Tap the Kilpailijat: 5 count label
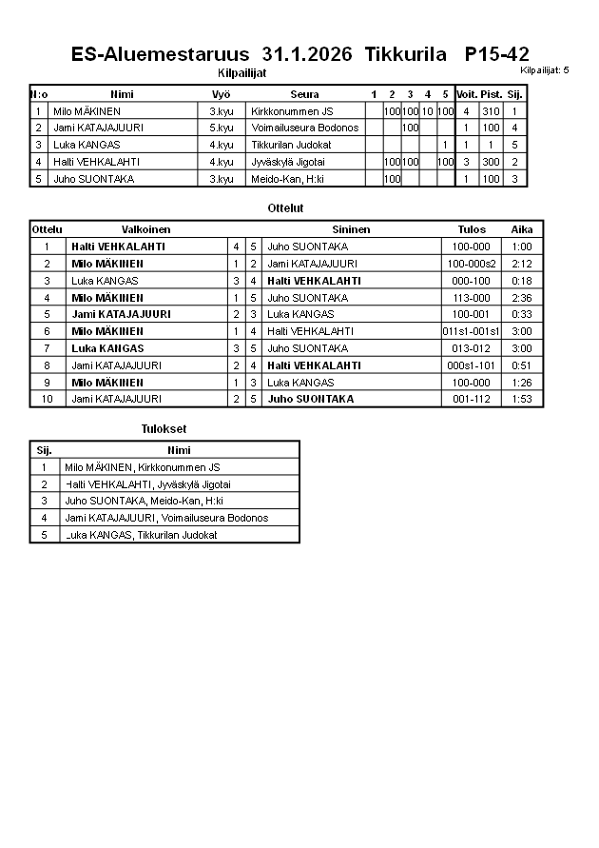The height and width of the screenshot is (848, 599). [x=545, y=70]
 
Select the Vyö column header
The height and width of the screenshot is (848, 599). [x=221, y=94]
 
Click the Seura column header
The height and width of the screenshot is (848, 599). [x=304, y=94]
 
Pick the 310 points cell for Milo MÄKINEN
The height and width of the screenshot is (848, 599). [x=491, y=111]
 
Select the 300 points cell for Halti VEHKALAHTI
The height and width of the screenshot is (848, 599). [x=491, y=162]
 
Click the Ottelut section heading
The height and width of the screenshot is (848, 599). [x=286, y=207]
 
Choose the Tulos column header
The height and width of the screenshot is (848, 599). [x=472, y=229]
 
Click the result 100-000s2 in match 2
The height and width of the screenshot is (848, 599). [x=472, y=264]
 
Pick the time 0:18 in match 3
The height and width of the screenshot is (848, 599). [x=522, y=281]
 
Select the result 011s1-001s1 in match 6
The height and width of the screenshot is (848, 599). [x=472, y=331]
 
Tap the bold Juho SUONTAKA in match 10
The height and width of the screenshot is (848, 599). [x=310, y=399]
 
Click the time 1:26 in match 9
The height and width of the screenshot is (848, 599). [x=522, y=382]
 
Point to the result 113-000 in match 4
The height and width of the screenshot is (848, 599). [x=472, y=298]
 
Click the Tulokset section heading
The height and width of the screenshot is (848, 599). [x=164, y=429]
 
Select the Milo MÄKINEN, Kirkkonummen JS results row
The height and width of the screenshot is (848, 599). [x=142, y=467]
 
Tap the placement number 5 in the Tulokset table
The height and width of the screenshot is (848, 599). [x=44, y=535]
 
